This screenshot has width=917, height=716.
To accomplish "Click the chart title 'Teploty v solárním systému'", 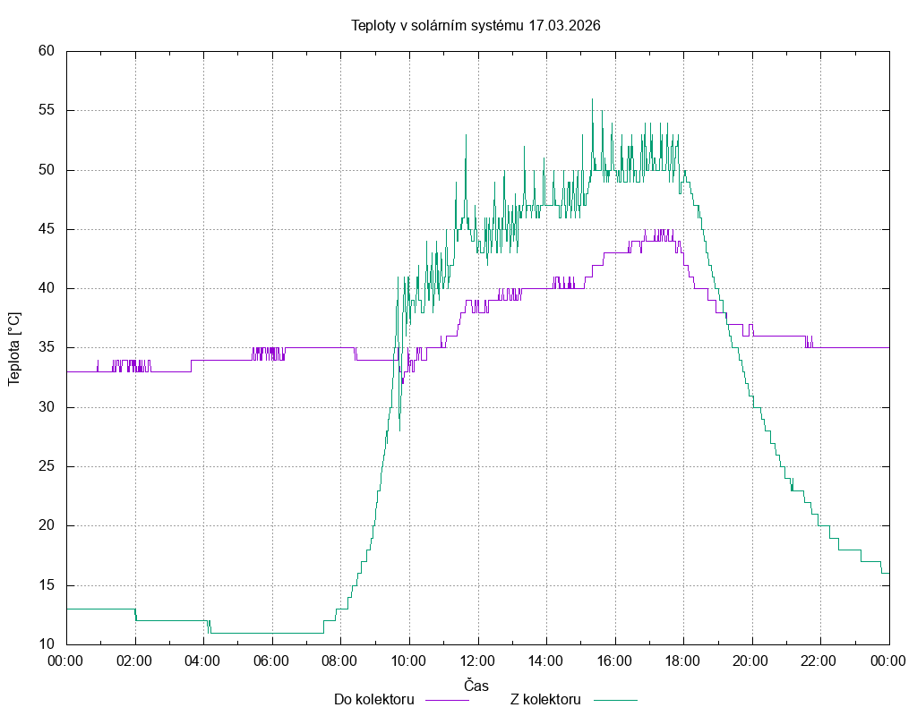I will click(437, 25).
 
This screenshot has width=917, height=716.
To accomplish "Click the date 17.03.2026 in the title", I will click(564, 25).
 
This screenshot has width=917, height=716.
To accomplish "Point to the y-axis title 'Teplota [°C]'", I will click(14, 348).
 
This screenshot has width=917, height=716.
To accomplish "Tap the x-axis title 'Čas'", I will click(476, 685).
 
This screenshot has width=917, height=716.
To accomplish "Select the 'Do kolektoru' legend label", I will click(373, 699).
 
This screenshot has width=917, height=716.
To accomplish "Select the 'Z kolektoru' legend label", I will click(546, 699).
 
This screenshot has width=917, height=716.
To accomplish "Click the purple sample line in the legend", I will click(446, 700).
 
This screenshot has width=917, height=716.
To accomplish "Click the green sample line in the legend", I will click(613, 700).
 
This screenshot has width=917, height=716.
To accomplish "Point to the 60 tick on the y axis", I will click(47, 51).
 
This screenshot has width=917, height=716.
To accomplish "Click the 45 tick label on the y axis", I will click(47, 229).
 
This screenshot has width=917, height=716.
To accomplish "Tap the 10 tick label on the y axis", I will click(47, 644).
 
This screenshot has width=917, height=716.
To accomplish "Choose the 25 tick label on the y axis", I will click(47, 466).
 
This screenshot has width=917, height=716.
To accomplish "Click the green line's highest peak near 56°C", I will click(592, 99).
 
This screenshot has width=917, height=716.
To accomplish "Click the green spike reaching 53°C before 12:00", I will click(466, 135).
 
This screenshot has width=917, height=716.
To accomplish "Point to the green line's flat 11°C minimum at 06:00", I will click(271, 633).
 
